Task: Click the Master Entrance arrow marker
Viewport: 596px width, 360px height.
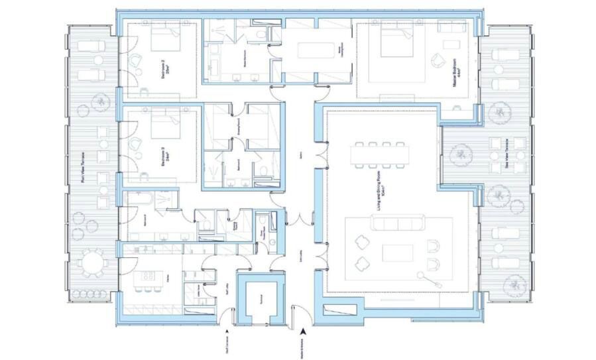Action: point(303,331)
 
